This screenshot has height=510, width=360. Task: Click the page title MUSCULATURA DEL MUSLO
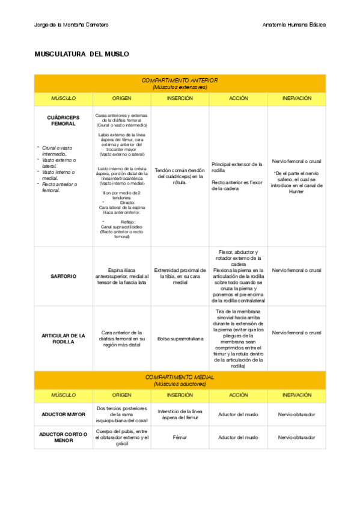coord(82,54)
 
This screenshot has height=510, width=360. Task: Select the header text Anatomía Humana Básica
coord(294,25)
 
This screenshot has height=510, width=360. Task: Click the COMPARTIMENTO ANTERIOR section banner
coord(180,83)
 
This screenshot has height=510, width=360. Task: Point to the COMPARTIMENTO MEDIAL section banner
coord(180,380)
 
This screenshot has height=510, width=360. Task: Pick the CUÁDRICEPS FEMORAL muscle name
coord(63,120)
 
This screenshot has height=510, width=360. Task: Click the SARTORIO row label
coord(63,276)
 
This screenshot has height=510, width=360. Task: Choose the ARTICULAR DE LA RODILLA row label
coord(63,338)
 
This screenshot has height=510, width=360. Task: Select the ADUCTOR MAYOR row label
coord(63,414)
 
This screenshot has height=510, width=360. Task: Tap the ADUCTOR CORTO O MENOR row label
coord(63,437)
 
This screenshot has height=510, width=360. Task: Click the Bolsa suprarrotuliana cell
coord(180,339)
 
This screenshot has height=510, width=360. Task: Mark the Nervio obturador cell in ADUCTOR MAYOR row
coord(296,414)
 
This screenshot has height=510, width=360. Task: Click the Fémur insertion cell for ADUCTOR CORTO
coord(180,437)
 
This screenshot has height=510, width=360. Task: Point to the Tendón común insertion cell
coord(180,176)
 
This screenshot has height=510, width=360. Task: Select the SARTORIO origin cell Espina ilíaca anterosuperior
coord(121,276)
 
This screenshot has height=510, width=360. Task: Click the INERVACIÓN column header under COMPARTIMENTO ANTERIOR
coord(296,97)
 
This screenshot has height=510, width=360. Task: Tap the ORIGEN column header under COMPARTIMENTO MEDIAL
coord(121,395)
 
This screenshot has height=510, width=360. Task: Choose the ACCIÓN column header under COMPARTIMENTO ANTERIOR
coord(238,97)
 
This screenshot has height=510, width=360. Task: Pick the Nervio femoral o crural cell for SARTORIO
coord(296,271)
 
